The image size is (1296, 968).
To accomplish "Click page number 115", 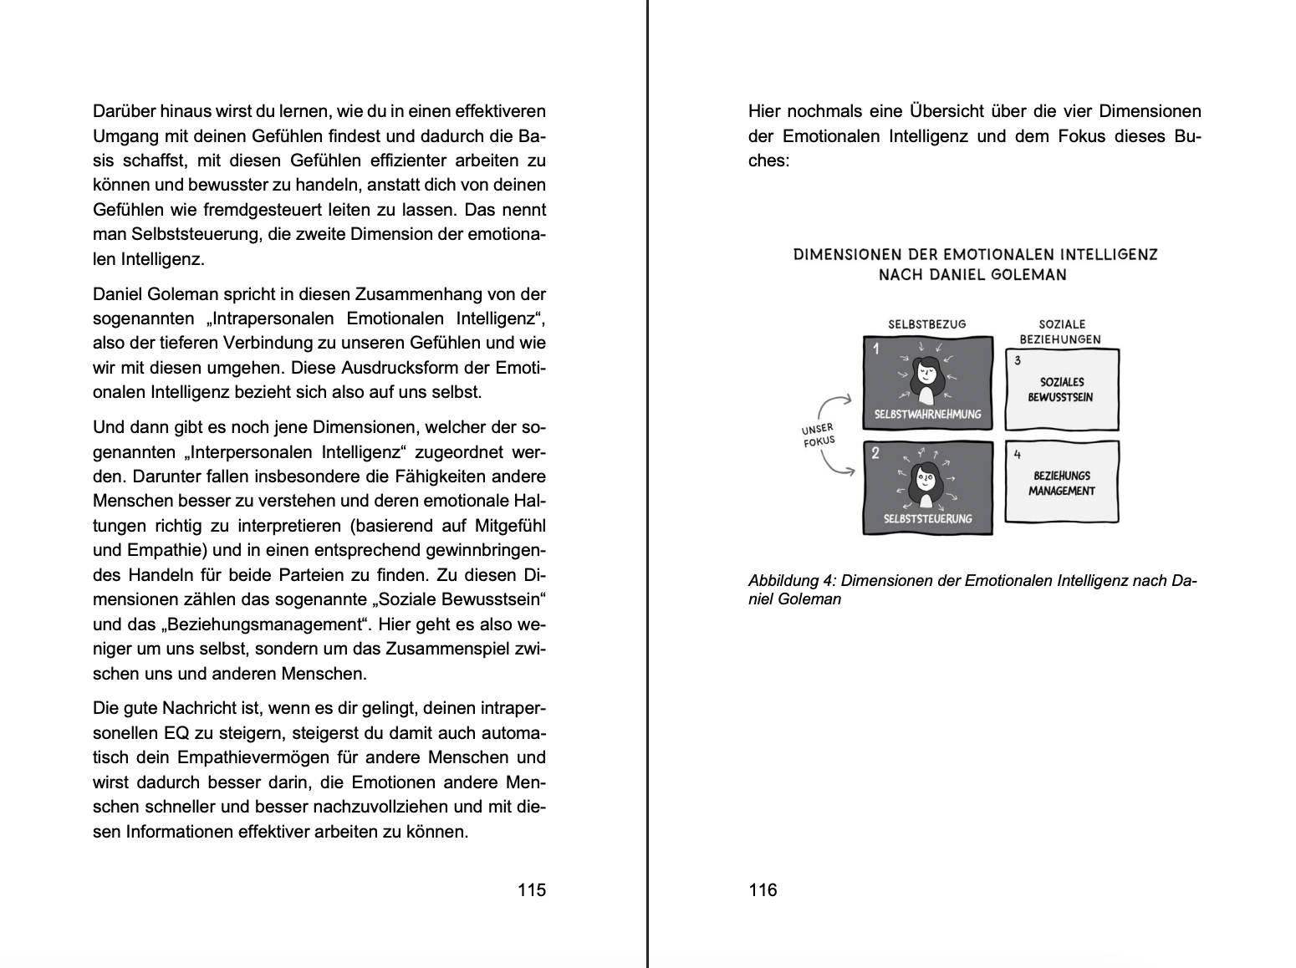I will point(531,889).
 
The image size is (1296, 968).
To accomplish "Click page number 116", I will point(763,889).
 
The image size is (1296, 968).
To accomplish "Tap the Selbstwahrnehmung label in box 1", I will point(927,414).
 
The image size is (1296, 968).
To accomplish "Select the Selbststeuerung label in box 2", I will point(927,518).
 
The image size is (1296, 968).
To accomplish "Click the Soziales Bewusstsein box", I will point(1061,390).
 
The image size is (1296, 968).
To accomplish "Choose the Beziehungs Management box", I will point(1061,483).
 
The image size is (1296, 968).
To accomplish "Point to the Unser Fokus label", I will point(819,435).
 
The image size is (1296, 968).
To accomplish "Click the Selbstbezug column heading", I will point(926,324).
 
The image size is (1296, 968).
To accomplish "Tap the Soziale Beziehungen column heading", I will point(1061,331).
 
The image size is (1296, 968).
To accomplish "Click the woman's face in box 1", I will point(926,371).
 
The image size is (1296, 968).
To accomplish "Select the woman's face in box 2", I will point(926,481).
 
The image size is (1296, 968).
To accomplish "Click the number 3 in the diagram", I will point(1018,360).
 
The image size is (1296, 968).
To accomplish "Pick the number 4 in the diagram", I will point(1018,455).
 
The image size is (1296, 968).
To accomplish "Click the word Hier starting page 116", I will point(764,111).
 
